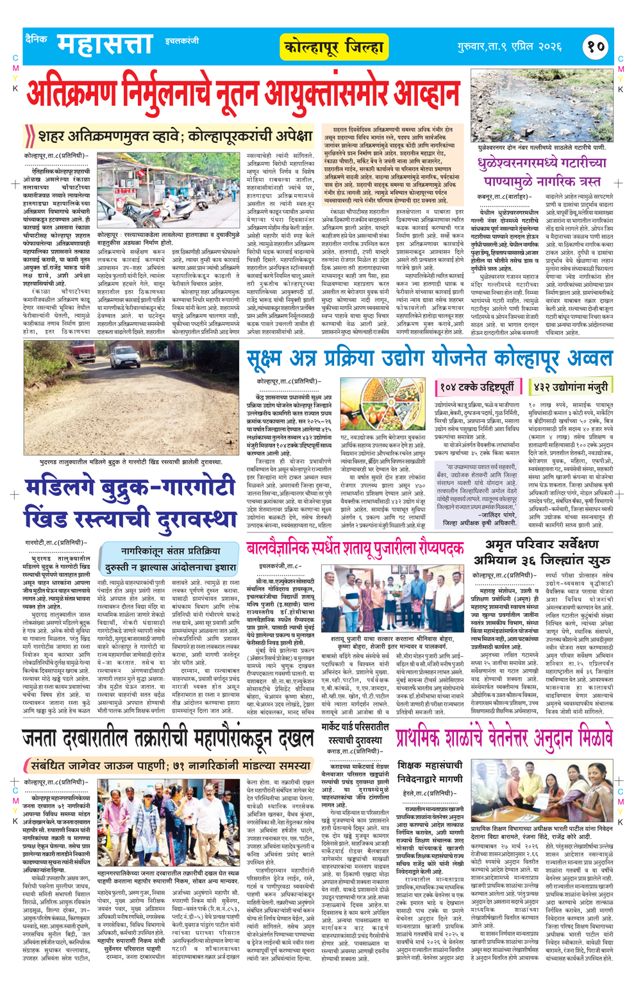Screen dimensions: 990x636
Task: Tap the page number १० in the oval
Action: [596, 46]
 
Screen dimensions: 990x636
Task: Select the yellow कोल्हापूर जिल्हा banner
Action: [334, 47]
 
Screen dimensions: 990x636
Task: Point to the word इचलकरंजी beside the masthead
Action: [181, 41]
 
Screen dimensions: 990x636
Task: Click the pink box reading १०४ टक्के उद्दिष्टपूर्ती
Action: [476, 387]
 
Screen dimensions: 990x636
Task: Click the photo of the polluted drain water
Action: [542, 106]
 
